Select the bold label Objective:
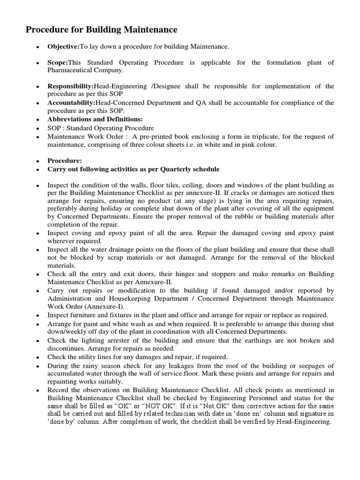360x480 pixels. click(63, 47)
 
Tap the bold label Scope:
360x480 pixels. click(58, 63)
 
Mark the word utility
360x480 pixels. click(82, 356)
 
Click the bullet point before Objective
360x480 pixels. click(37, 47)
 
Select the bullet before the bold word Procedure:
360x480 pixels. click(37, 161)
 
